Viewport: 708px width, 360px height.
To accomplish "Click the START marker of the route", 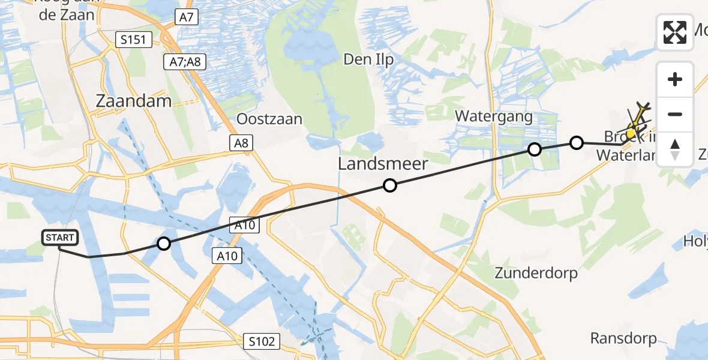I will pos(60,238).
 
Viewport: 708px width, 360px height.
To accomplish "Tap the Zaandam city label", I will pos(134,101).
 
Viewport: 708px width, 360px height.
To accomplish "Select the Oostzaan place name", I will pos(269,119).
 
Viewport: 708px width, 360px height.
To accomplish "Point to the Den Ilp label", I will pos(368,59).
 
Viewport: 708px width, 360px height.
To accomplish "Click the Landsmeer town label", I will pos(383,163).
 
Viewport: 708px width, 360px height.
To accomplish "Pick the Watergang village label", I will pos(494,116).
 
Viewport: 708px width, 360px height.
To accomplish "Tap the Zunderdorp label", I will pos(536,273).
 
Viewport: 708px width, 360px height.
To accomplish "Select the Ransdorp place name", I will pos(623,338).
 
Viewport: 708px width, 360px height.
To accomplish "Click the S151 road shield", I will pos(134,40).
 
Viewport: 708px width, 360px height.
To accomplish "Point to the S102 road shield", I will pos(263,342).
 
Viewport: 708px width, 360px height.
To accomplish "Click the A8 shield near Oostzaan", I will pos(241,142).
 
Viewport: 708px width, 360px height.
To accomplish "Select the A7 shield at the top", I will pos(187,17).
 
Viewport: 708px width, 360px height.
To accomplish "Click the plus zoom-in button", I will pos(675,79).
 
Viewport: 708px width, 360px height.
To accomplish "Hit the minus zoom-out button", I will pos(675,114).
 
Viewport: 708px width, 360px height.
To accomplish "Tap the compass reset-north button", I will pos(675,149).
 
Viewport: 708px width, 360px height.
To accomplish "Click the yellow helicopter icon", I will pos(636,123).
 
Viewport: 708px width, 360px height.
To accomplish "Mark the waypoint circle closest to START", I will pos(163,244).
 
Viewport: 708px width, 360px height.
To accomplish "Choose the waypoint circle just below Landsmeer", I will pos(390,186).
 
